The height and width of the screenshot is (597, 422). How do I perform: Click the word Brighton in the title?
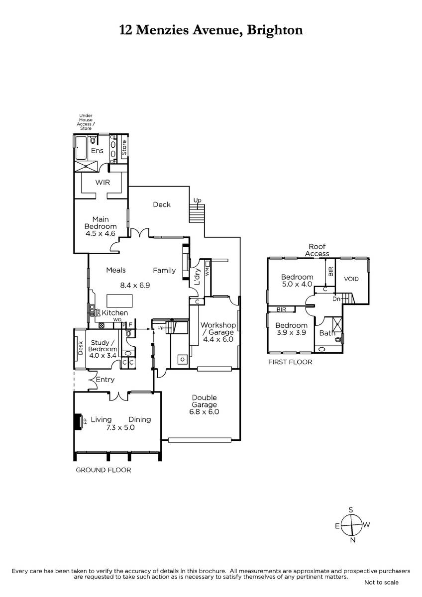point(275,30)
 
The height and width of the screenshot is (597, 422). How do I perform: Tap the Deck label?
point(162,204)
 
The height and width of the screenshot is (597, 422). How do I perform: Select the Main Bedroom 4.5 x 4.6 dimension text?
point(101,233)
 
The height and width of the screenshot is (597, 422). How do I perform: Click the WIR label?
point(103,182)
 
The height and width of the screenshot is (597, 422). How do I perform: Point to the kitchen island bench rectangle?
point(120,301)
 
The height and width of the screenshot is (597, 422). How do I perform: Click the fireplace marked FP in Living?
point(78,422)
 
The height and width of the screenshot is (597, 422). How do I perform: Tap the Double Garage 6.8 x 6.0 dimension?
point(204,412)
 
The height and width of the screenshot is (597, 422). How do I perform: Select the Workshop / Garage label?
point(218,328)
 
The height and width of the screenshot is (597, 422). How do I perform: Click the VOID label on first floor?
point(351,279)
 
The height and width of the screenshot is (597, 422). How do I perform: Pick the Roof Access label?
point(317,250)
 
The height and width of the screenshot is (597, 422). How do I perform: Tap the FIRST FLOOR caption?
point(290,362)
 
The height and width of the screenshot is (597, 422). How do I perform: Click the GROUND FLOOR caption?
point(104,470)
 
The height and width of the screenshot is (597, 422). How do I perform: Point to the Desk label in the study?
point(81,348)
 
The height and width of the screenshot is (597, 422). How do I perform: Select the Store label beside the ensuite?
point(124,148)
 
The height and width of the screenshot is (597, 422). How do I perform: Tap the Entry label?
point(105,380)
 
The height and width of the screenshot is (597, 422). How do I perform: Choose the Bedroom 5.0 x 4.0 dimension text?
point(297,284)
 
